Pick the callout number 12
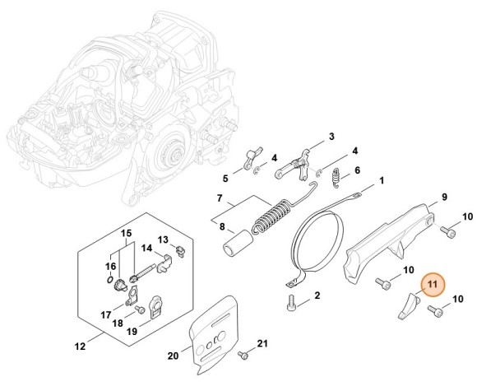(x=80, y=346)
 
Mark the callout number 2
(x=317, y=295)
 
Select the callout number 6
(x=356, y=172)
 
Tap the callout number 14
(x=146, y=248)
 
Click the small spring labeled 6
(x=336, y=175)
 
